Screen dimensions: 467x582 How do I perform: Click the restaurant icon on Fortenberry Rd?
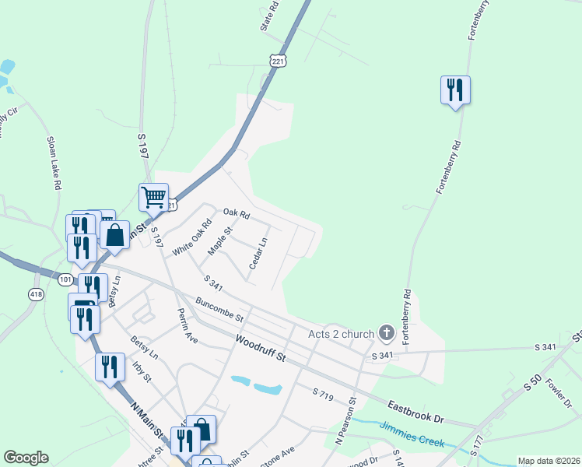coord(454,90)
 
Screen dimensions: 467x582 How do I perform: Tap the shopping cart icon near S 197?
coord(154,197)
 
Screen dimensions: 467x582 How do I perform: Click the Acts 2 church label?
coord(340,334)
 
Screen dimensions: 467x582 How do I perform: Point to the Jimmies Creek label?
coord(412,434)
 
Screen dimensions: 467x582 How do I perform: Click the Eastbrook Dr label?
coord(416,412)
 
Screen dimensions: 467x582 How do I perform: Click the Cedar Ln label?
coord(258,255)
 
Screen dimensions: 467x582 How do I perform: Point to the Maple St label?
coord(220,241)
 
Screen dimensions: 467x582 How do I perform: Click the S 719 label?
coord(322,394)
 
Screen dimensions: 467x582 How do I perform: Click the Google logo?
coord(26,458)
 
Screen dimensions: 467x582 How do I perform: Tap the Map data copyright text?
coord(549,461)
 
